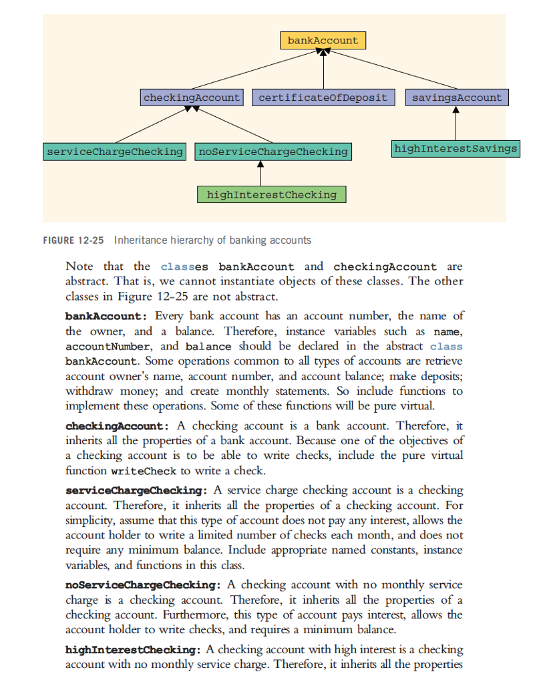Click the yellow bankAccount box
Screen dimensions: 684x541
(323, 41)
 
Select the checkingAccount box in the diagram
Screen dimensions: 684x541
(192, 98)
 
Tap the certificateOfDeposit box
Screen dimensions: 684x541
(323, 98)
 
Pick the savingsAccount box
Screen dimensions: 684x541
(456, 98)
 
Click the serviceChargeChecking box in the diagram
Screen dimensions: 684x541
(114, 152)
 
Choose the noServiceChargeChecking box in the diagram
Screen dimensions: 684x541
(273, 152)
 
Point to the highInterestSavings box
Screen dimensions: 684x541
(456, 148)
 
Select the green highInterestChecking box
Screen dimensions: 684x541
(272, 195)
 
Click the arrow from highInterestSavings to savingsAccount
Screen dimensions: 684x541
(456, 124)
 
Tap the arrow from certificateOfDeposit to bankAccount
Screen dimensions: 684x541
(323, 69)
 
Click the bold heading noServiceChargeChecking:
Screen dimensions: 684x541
(143, 585)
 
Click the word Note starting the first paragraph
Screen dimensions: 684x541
(79, 267)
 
